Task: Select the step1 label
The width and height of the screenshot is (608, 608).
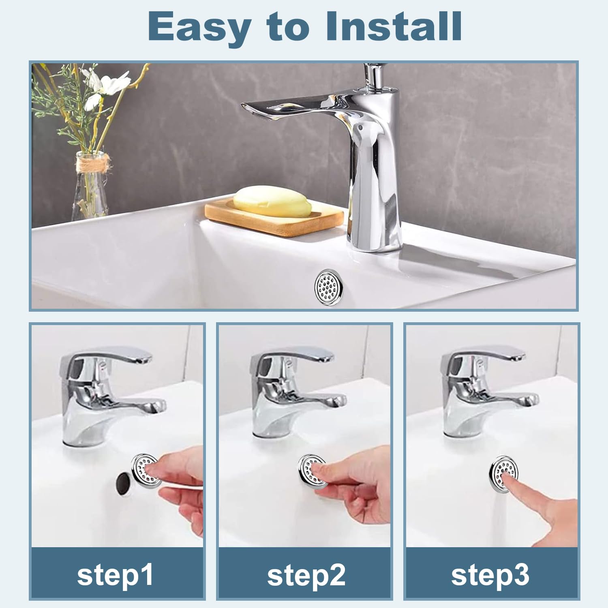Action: pos(116,574)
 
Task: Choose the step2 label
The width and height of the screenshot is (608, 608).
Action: pos(306,574)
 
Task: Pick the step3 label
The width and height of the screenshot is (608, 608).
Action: pos(490,574)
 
